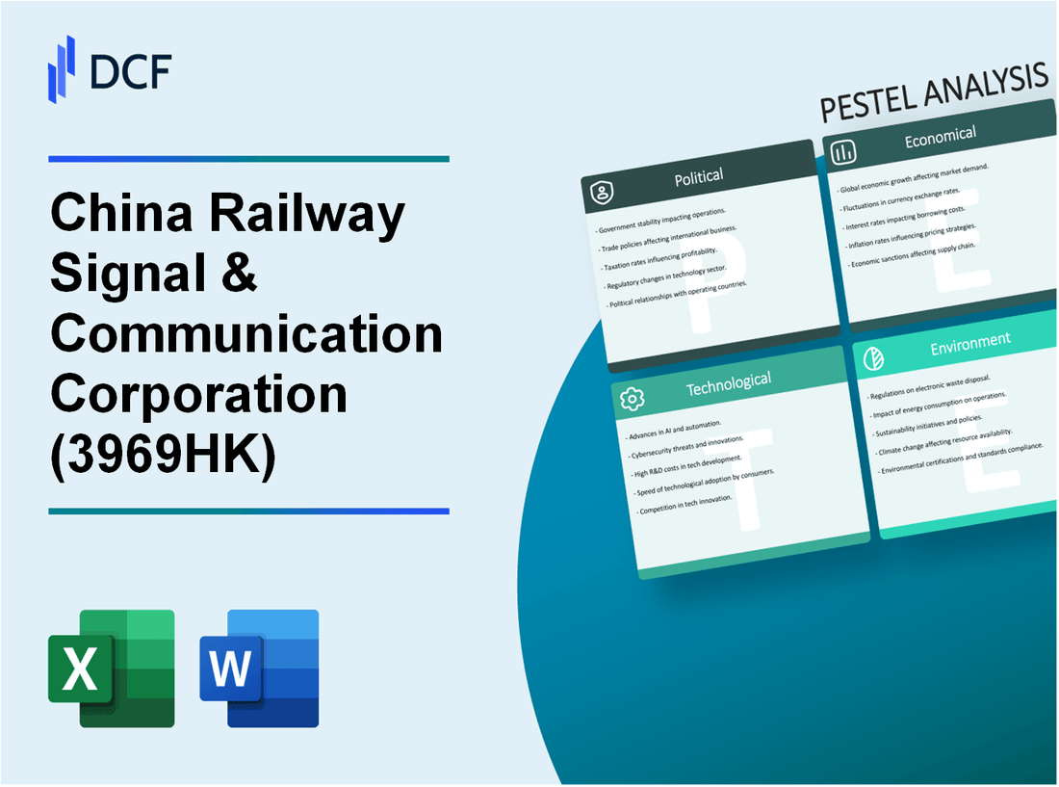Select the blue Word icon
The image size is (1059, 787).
point(259,668)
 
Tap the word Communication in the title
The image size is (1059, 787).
point(246,334)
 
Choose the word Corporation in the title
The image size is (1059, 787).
point(198,393)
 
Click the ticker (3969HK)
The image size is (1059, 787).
point(163,453)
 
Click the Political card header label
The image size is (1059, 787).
point(700,176)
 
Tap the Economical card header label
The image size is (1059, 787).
point(940,137)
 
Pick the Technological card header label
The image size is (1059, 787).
point(728,382)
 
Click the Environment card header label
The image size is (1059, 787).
point(969,340)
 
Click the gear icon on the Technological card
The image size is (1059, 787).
point(633,398)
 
